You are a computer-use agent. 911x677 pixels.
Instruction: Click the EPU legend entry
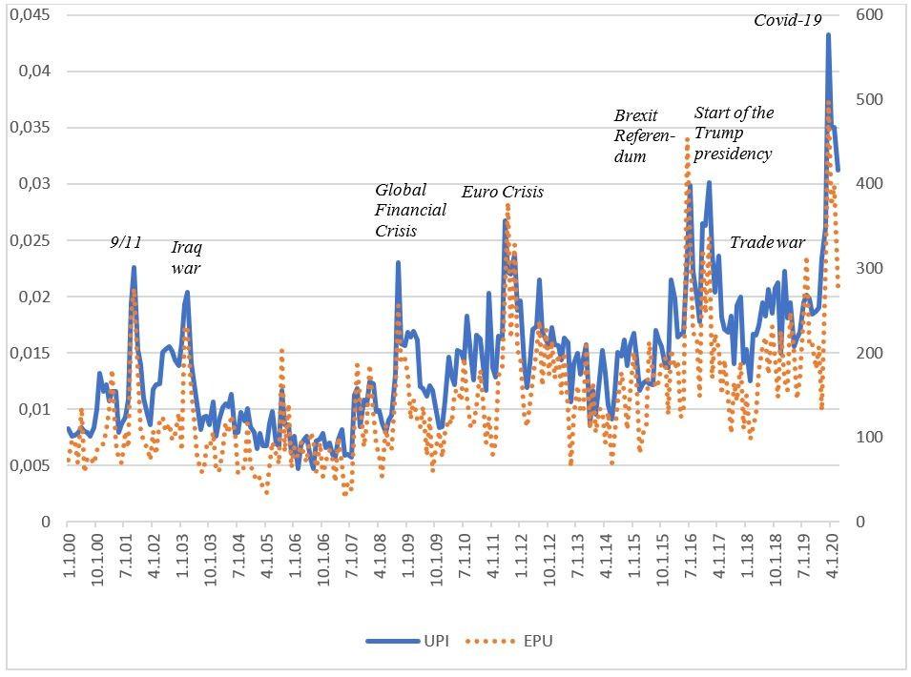pos(511,641)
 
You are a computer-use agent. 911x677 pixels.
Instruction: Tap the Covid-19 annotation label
pos(788,19)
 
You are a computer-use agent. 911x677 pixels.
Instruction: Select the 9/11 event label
pos(126,242)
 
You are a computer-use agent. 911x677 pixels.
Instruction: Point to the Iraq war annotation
pos(186,257)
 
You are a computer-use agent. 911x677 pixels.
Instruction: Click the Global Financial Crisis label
pos(410,210)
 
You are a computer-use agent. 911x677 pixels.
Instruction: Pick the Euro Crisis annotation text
pos(502,192)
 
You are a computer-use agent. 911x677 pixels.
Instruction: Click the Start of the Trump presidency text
pos(734,133)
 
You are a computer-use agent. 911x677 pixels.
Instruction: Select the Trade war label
pos(767,242)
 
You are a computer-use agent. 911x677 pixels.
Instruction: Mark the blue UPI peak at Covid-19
pos(828,34)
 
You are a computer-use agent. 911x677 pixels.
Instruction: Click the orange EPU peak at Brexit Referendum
pos(687,139)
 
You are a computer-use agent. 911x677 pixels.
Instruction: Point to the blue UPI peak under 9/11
pos(135,267)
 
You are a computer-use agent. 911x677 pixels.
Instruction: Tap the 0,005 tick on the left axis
pos(35,466)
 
